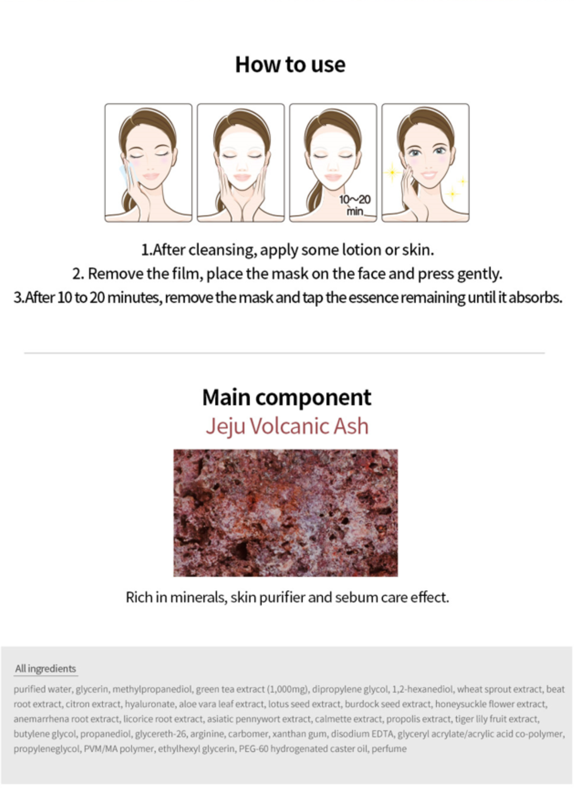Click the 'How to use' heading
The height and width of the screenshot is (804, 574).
[x=290, y=64]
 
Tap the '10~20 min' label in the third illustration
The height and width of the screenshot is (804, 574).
[x=355, y=205]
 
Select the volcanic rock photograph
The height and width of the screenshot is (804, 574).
[x=286, y=513]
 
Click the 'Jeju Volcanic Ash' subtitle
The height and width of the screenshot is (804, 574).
[x=287, y=426]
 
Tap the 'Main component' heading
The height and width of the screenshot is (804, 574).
[x=287, y=397]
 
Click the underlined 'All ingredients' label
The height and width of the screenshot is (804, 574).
[x=45, y=669]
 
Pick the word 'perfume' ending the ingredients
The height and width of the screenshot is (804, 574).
[x=389, y=749]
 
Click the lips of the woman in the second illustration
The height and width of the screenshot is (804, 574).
[x=242, y=177]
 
